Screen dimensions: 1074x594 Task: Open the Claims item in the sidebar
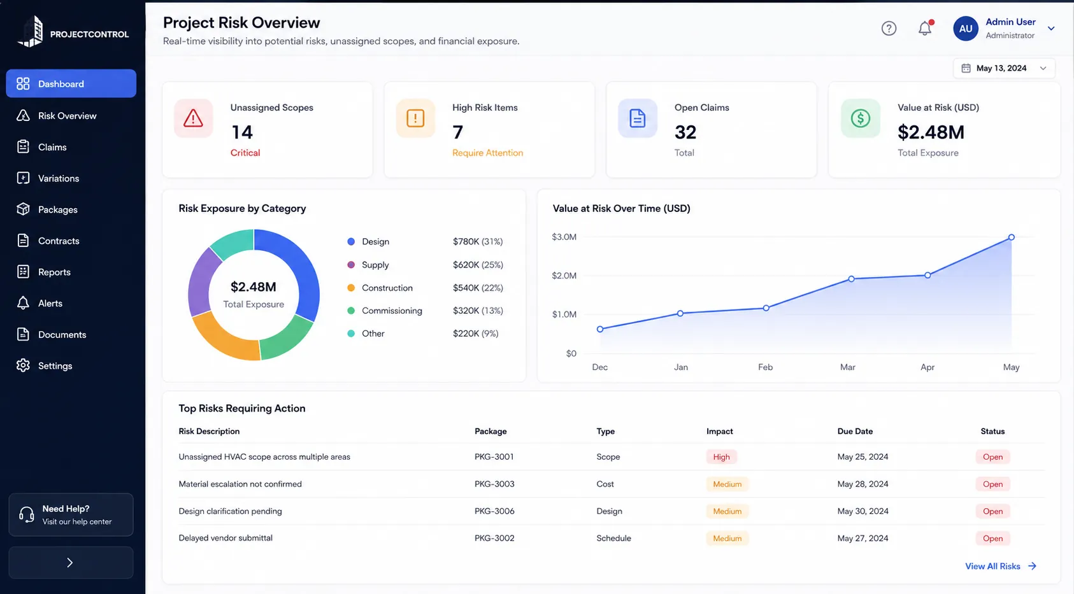point(52,147)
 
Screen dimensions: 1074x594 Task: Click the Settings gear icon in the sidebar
point(23,365)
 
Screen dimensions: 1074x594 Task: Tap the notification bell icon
point(925,28)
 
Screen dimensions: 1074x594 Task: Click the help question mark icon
point(889,28)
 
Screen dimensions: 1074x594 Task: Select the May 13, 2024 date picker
point(1004,68)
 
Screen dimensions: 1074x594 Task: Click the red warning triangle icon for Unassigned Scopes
point(193,118)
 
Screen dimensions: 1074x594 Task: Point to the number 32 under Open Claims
point(685,132)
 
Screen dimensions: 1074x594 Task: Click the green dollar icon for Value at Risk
point(860,118)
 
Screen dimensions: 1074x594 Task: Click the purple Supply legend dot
point(351,264)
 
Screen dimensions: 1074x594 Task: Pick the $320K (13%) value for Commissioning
point(478,311)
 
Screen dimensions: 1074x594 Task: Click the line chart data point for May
point(1011,237)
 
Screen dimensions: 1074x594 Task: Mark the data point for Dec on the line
point(600,329)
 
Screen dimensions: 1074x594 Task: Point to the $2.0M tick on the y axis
point(564,276)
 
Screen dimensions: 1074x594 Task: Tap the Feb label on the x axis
point(765,367)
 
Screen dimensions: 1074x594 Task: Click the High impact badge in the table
point(721,457)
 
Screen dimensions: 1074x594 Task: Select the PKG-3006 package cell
point(494,511)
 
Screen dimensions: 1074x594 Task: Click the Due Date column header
point(855,431)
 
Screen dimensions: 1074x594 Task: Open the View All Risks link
point(1001,566)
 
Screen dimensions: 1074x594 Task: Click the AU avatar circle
point(965,28)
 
